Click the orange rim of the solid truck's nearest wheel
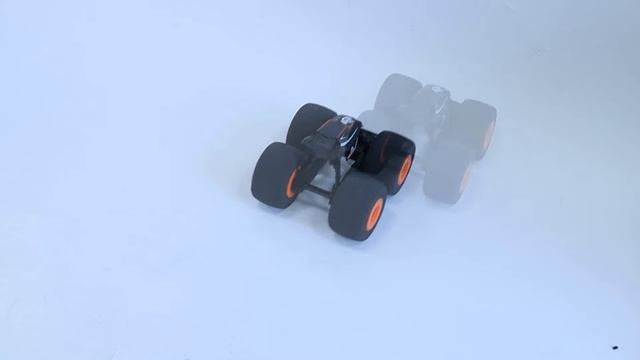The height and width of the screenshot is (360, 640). coord(374,212)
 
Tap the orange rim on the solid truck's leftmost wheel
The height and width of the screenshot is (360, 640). coord(292,181)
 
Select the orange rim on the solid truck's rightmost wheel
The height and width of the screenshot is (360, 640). coord(405,170)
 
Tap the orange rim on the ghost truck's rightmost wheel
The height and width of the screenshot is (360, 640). coord(488,136)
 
